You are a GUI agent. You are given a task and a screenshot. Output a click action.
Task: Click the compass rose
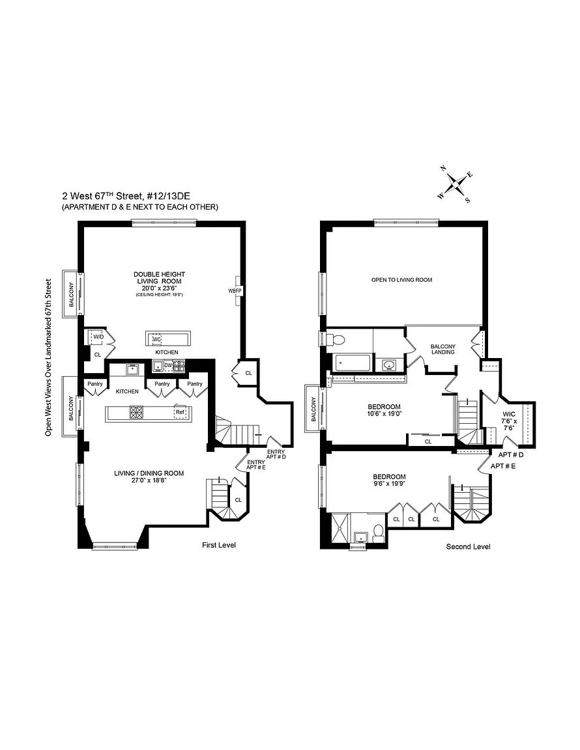[x=454, y=184]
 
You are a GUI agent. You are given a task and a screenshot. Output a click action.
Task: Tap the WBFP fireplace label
[x=235, y=290]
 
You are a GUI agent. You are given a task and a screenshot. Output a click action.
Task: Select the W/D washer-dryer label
[x=98, y=337]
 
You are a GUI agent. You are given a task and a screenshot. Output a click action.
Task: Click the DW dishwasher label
[x=168, y=365]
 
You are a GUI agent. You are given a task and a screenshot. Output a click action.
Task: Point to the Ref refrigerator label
[x=180, y=412]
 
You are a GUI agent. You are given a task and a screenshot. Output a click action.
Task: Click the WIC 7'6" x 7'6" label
[x=508, y=421]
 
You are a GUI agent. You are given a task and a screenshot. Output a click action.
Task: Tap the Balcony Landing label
[x=442, y=349]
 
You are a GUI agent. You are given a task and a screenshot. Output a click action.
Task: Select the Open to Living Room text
[x=402, y=280]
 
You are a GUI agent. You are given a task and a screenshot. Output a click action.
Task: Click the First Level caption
[x=219, y=545]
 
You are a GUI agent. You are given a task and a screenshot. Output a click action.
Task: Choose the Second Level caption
[x=468, y=546]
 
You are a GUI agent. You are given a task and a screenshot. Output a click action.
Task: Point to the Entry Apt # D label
[x=276, y=454]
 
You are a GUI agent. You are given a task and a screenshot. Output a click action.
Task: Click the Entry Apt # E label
[x=255, y=464]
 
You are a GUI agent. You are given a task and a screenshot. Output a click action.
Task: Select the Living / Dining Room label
[x=149, y=477]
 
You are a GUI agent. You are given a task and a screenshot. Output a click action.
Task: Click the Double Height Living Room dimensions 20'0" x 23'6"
[x=160, y=288]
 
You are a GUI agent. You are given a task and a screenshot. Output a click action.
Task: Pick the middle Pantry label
[x=162, y=383]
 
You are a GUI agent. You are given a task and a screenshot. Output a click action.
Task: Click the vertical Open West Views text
[x=48, y=357]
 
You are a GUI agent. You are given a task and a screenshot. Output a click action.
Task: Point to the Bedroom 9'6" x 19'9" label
[x=389, y=480]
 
